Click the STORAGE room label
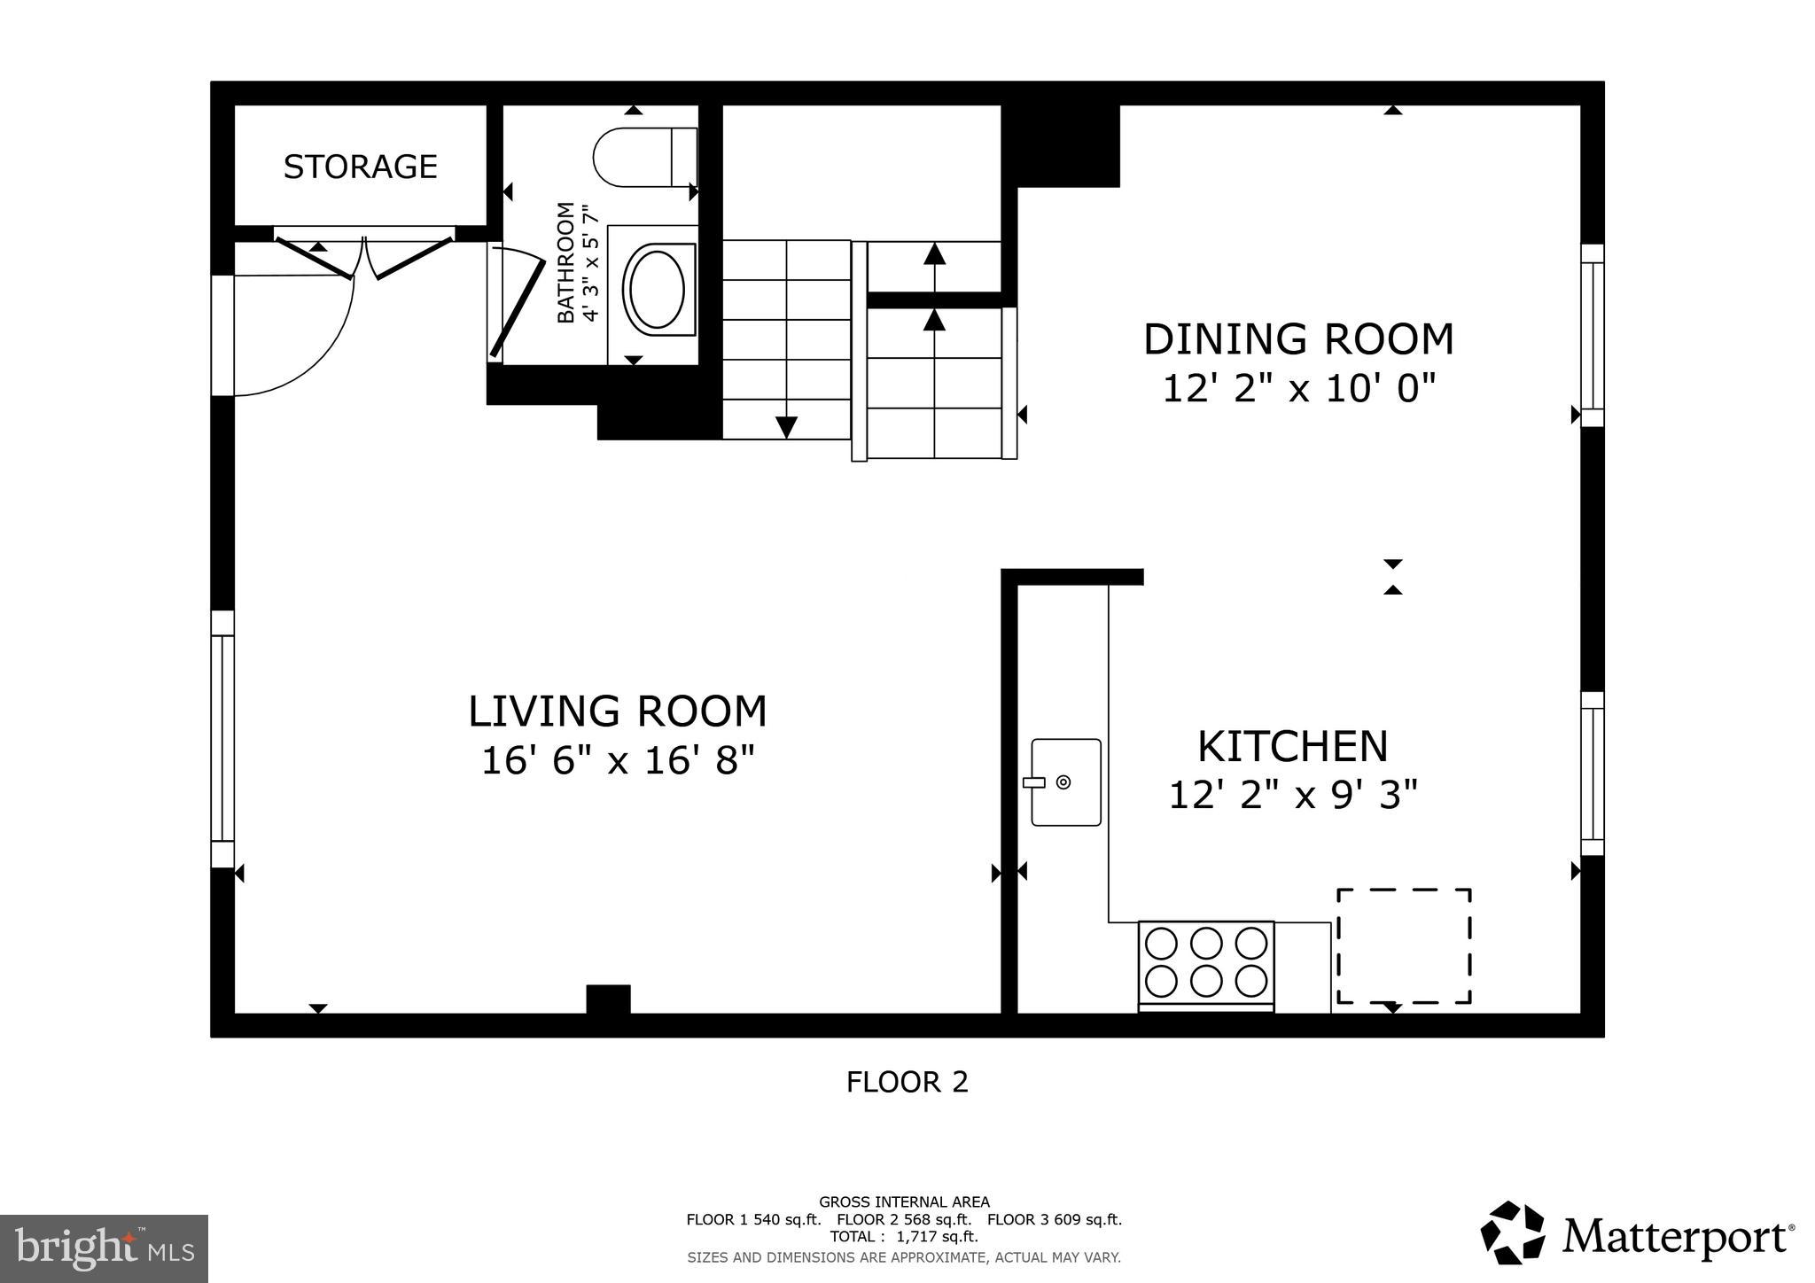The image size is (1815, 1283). click(360, 167)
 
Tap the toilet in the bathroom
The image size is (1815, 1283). click(643, 157)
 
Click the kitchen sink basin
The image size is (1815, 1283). click(1066, 782)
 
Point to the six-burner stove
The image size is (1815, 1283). click(1206, 963)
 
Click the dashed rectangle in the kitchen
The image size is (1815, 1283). click(1404, 946)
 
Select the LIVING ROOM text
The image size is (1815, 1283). click(617, 711)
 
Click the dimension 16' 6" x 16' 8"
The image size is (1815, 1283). click(617, 761)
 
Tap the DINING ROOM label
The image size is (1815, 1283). click(1298, 339)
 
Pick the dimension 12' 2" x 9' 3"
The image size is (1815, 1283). click(1293, 795)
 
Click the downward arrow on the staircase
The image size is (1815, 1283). click(786, 426)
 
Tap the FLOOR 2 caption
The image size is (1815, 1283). click(907, 1082)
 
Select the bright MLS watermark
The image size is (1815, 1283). click(104, 1248)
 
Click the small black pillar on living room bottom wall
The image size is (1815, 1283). click(608, 999)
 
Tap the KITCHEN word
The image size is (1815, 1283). click(1292, 746)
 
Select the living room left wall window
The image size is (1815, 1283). click(222, 738)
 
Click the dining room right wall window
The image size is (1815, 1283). click(1593, 336)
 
